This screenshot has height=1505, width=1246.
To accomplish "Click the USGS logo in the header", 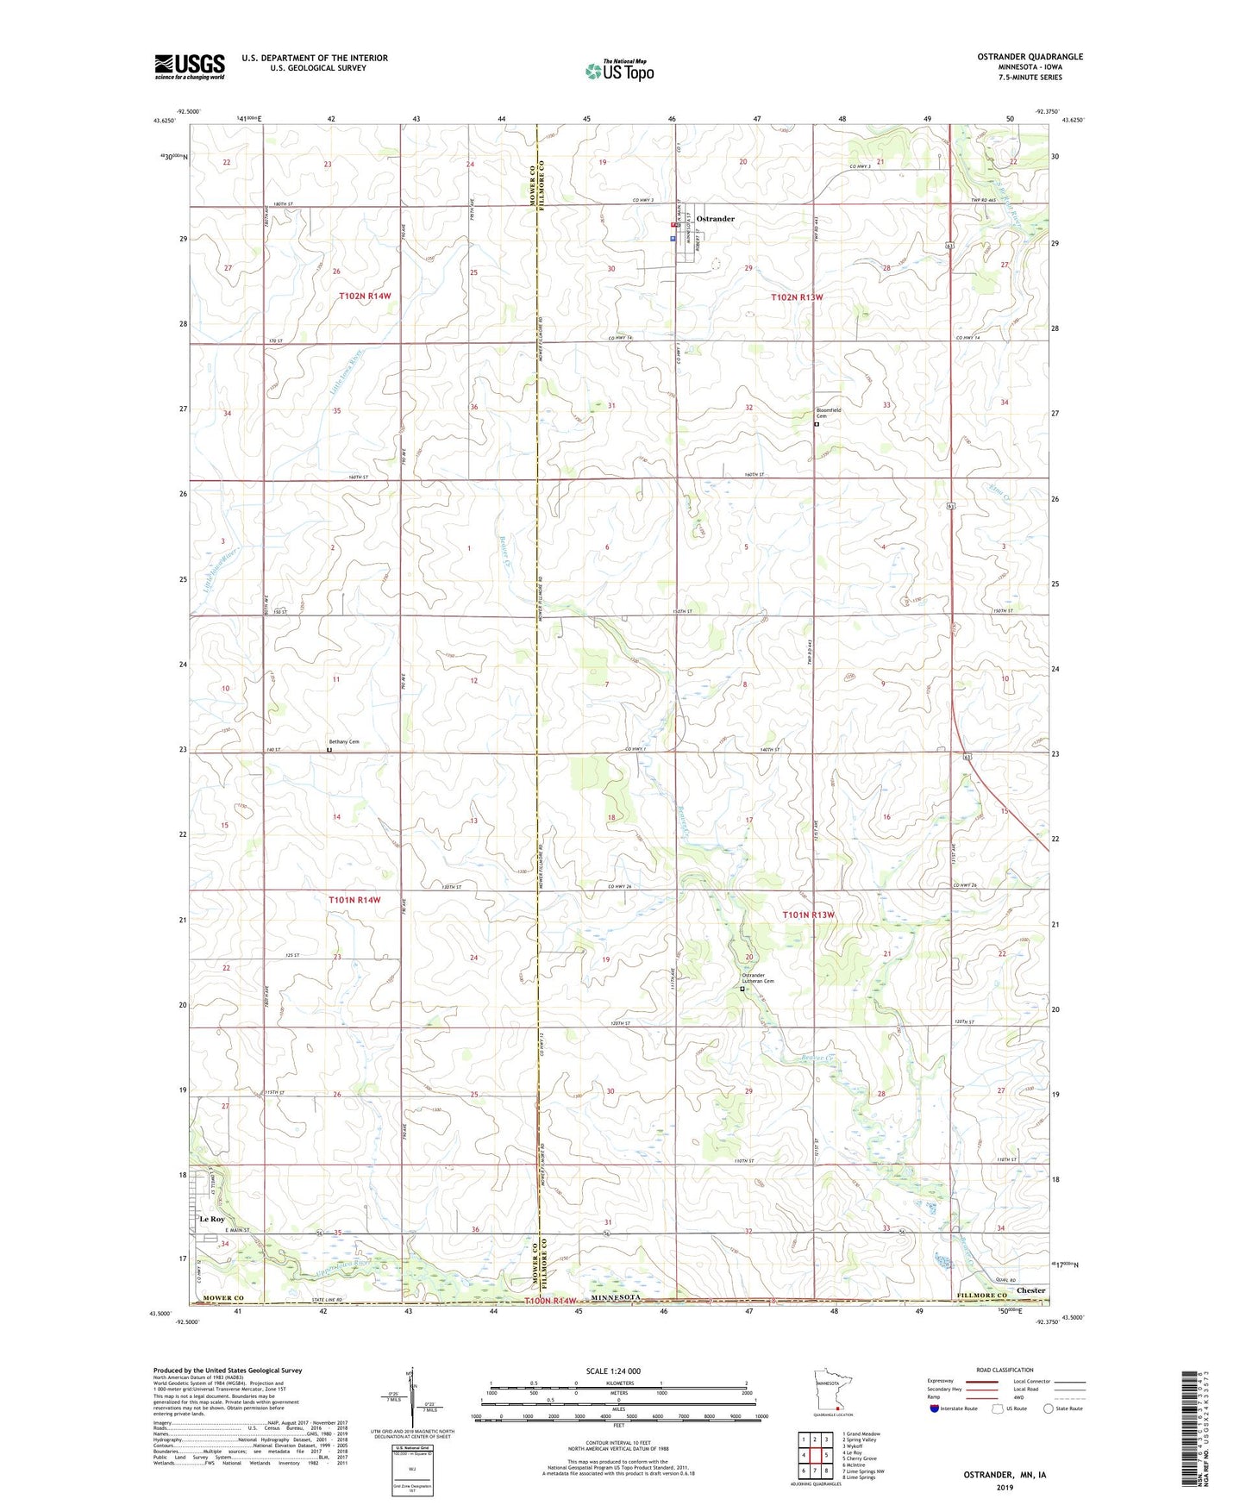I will [189, 66].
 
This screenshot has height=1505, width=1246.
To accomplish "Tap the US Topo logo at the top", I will [619, 71].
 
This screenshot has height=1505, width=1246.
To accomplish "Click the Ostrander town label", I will [715, 219].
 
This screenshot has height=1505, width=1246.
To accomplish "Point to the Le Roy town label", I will [211, 1219].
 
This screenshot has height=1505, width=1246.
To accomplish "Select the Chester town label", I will [1030, 1290].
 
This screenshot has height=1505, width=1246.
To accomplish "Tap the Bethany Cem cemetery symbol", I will [329, 750].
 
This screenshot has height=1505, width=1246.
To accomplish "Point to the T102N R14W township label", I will [365, 296].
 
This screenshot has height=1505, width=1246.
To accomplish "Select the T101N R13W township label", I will [808, 915].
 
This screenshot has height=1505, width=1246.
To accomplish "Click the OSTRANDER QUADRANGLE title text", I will [1030, 57].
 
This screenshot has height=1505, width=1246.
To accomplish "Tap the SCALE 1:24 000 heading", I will [613, 1371].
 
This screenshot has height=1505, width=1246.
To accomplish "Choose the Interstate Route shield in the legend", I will [935, 1408].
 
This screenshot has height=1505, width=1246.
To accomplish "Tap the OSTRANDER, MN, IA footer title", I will [1004, 1475].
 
